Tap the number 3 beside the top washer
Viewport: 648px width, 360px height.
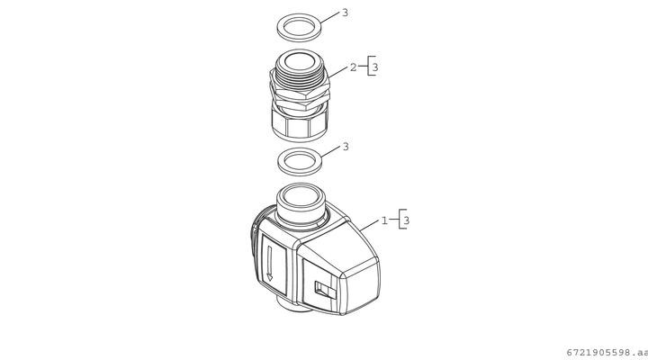pos(345,13)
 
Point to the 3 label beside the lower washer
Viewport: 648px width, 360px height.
pos(346,147)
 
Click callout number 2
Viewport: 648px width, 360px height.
pos(353,67)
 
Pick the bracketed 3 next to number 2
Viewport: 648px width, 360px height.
pos(374,67)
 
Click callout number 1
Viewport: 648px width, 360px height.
pos(384,220)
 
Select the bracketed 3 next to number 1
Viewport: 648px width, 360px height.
pos(406,220)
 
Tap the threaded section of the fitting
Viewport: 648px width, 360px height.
pos(301,78)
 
